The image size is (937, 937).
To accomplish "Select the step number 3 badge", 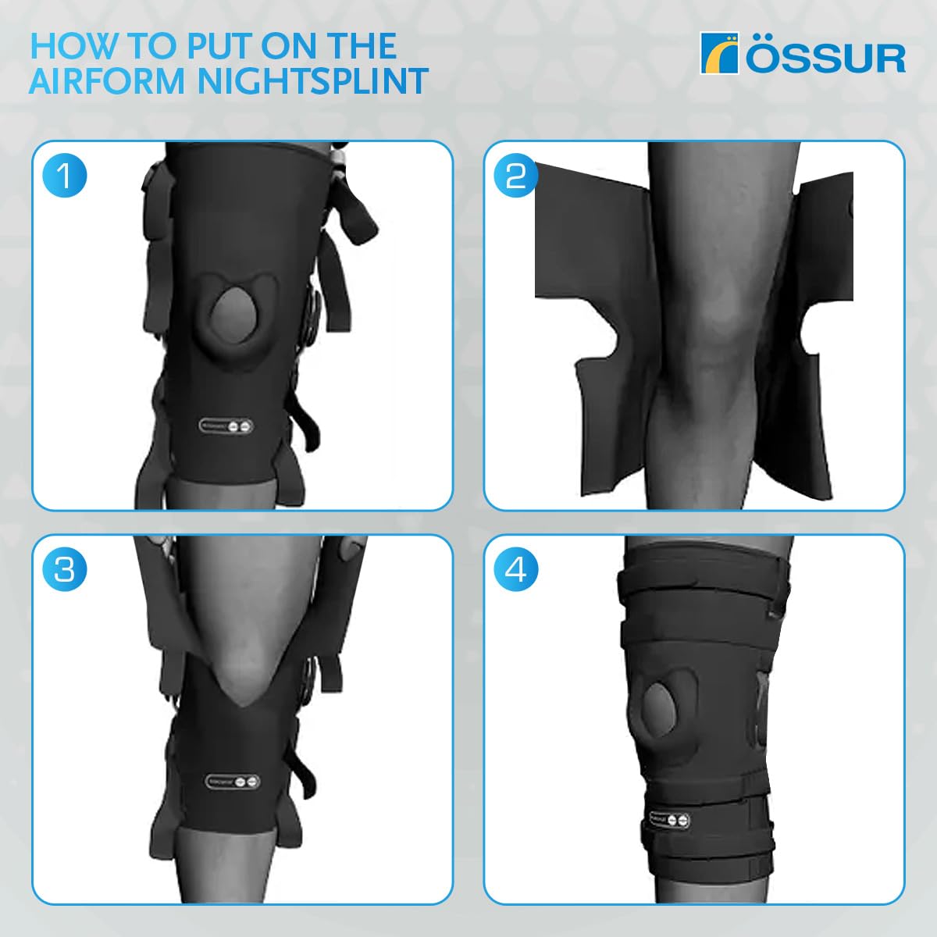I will click(64, 570).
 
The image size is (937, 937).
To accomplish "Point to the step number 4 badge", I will click(516, 570).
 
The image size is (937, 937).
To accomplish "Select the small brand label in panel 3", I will click(233, 781).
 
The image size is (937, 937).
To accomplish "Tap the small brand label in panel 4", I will click(668, 820).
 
